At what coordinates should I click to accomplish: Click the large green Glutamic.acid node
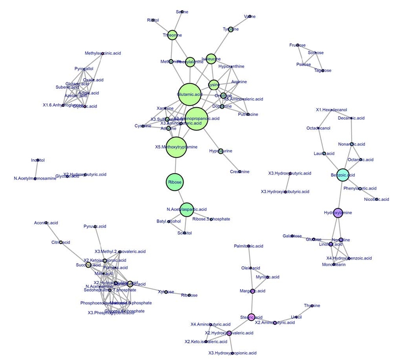189,94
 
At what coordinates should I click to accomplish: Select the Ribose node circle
175,182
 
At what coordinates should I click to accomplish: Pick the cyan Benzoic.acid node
343,175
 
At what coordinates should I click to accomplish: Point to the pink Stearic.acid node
251,317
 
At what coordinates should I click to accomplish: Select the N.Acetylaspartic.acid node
186,209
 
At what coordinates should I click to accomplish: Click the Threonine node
172,35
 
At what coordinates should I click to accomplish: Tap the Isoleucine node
211,59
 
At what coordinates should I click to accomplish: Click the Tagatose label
322,70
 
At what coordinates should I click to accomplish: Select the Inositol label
38,160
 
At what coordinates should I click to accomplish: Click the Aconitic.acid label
46,223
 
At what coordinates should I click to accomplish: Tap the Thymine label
312,306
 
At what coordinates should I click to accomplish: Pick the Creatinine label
240,172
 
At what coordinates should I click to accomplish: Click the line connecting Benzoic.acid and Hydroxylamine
340,194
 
